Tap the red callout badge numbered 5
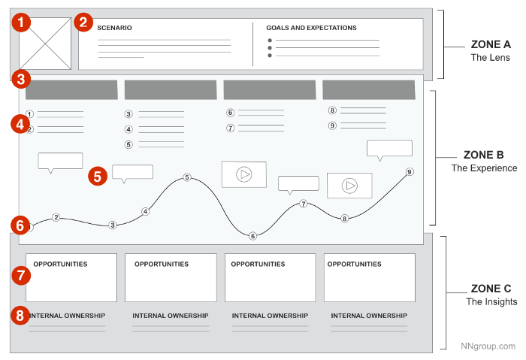point(97,176)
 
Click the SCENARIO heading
point(114,28)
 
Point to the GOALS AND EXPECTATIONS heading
point(311,28)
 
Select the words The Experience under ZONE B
point(484,168)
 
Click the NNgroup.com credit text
point(488,346)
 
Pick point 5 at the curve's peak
point(187,178)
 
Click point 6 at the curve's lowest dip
point(252,236)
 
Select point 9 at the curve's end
point(410,172)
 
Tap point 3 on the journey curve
point(113,225)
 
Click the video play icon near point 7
point(243,174)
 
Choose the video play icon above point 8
point(349,185)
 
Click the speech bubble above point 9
point(389,149)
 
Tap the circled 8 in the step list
point(332,110)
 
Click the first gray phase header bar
point(71,90)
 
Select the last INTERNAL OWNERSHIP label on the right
point(369,316)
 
